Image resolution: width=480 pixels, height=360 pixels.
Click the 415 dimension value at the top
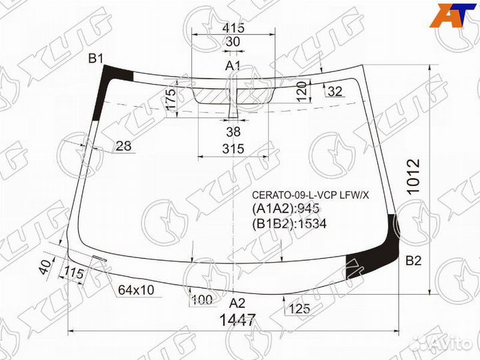pos(233,27)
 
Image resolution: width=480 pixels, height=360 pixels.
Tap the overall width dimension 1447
pos(237,320)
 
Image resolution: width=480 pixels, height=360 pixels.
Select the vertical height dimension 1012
pos(413,176)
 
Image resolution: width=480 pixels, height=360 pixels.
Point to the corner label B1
pos(96,58)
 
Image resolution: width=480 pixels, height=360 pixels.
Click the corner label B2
pos(413,261)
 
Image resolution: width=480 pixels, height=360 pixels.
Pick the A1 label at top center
pos(233,65)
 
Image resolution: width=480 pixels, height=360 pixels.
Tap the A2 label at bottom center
pos(237,303)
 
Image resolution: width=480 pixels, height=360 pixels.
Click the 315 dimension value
pos(233,149)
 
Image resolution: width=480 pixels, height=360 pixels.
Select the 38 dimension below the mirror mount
pos(233,131)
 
